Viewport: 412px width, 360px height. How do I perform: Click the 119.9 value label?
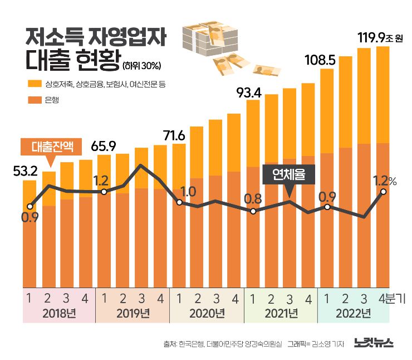pyautogui.click(x=371, y=38)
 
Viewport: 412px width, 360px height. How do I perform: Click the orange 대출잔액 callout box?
pyautogui.click(x=51, y=147)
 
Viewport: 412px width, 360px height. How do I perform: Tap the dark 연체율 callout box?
pyautogui.click(x=289, y=175)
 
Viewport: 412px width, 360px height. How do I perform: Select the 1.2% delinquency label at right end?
pyautogui.click(x=385, y=181)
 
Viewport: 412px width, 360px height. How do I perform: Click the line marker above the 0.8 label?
pyautogui.click(x=253, y=211)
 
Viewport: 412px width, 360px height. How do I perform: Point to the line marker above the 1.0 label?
pyautogui.click(x=179, y=202)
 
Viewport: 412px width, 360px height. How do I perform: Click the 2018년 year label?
pyautogui.click(x=59, y=314)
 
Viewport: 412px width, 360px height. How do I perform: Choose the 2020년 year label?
pyautogui.click(x=207, y=314)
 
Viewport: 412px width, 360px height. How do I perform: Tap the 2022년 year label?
pyautogui.click(x=354, y=314)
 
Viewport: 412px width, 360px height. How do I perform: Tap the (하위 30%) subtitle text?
pyautogui.click(x=142, y=66)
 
